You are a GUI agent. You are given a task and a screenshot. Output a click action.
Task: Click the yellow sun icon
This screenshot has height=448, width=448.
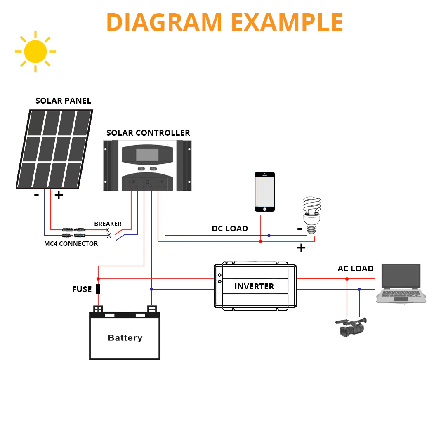[35, 52]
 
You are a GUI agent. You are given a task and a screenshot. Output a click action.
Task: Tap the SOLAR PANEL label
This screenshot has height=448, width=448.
[63, 101]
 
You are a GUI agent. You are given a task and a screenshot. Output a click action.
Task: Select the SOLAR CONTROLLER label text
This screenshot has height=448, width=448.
[148, 133]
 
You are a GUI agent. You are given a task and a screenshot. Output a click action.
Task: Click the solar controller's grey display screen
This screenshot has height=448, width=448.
[147, 155]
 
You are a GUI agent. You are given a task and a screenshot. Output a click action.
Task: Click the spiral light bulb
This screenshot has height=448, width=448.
[312, 215]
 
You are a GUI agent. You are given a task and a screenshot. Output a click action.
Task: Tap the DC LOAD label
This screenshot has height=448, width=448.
[230, 229]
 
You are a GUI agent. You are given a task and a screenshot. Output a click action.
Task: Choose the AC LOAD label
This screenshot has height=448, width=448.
[355, 269]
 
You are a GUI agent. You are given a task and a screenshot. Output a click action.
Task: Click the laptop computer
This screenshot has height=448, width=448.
[401, 284]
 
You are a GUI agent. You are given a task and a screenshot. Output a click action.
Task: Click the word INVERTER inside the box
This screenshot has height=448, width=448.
[254, 286]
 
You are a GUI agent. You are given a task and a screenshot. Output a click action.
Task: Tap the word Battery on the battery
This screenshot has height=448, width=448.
[125, 338]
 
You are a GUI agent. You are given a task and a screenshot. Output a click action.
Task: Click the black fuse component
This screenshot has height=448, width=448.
[98, 289]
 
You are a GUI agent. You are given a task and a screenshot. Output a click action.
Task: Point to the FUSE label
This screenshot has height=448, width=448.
[82, 290]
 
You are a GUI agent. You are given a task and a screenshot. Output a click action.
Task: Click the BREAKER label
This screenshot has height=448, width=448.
[108, 224]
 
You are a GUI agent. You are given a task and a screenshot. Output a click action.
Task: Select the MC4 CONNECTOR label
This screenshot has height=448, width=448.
[71, 244]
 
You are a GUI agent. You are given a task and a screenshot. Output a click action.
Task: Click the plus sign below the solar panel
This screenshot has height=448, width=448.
[59, 196]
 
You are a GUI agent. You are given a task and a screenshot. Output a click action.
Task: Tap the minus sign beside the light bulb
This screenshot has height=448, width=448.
[299, 229]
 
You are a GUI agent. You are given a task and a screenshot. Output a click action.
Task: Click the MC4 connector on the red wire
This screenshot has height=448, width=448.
[73, 229]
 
